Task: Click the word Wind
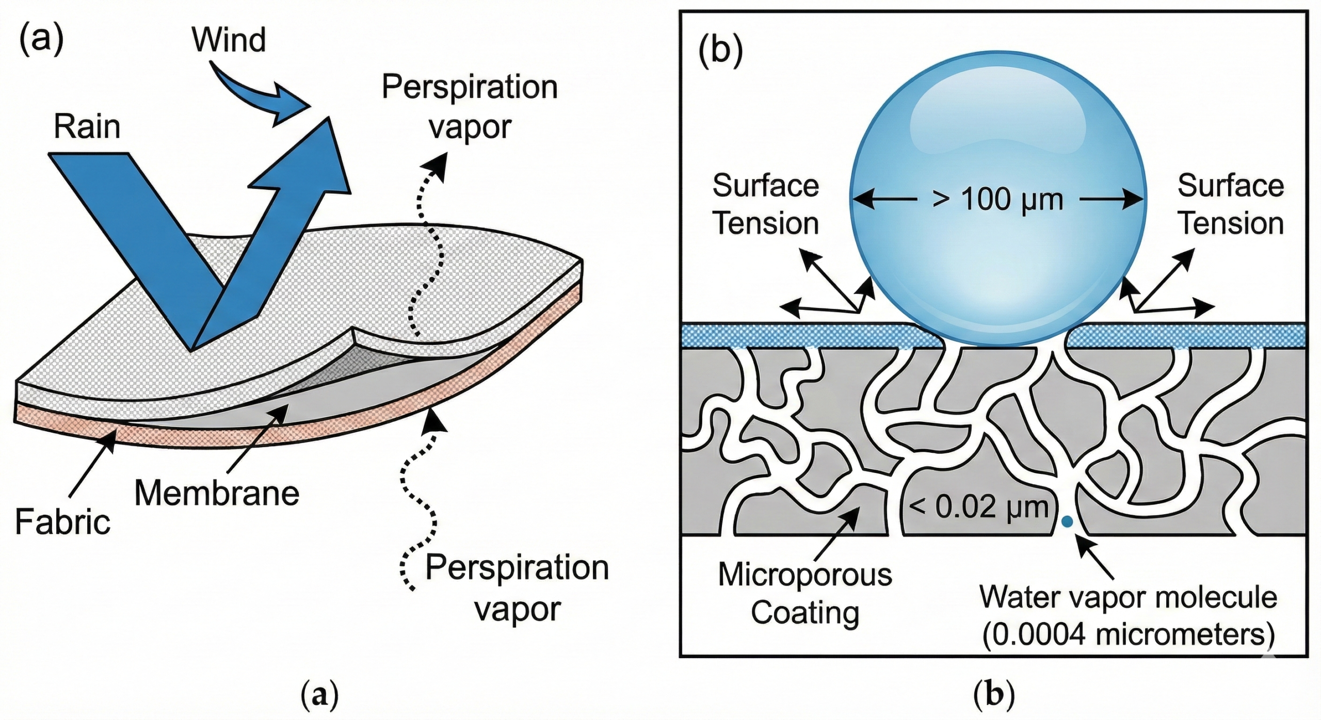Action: pyautogui.click(x=229, y=40)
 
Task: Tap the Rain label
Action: pyautogui.click(x=87, y=126)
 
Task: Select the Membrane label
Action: pyautogui.click(x=217, y=493)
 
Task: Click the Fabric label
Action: pyautogui.click(x=62, y=521)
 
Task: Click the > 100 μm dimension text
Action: pyautogui.click(x=998, y=200)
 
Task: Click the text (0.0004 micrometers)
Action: pyautogui.click(x=1128, y=635)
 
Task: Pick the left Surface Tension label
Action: pyautogui.click(x=765, y=204)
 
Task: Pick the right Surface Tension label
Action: pyautogui.click(x=1231, y=204)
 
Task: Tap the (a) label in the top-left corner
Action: pyautogui.click(x=41, y=39)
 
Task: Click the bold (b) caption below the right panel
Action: pyautogui.click(x=993, y=695)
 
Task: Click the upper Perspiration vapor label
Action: pyautogui.click(x=470, y=107)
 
